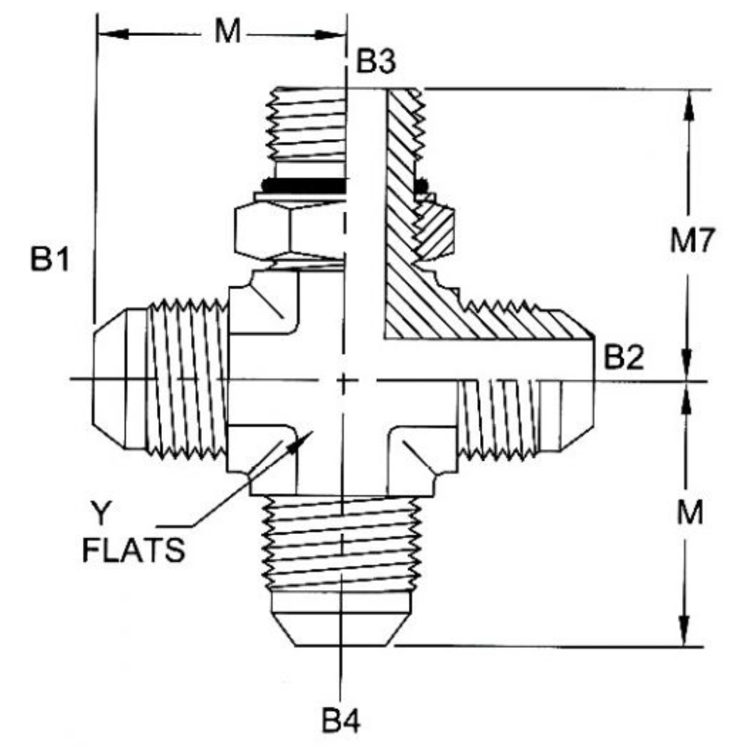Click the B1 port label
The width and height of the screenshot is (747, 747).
pyautogui.click(x=49, y=259)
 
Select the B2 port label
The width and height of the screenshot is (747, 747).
pyautogui.click(x=624, y=358)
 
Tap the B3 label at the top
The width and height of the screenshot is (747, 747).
pyautogui.click(x=376, y=63)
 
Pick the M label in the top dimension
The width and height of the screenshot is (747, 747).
pyautogui.click(x=227, y=33)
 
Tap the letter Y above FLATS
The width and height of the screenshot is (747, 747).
pyautogui.click(x=102, y=515)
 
